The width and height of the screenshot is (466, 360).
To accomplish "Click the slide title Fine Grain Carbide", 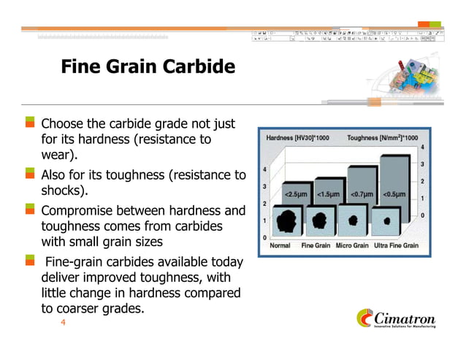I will point(148,68).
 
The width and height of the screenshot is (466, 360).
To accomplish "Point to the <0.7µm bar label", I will point(362,194).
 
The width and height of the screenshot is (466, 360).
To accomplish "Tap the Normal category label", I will point(280,246).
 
